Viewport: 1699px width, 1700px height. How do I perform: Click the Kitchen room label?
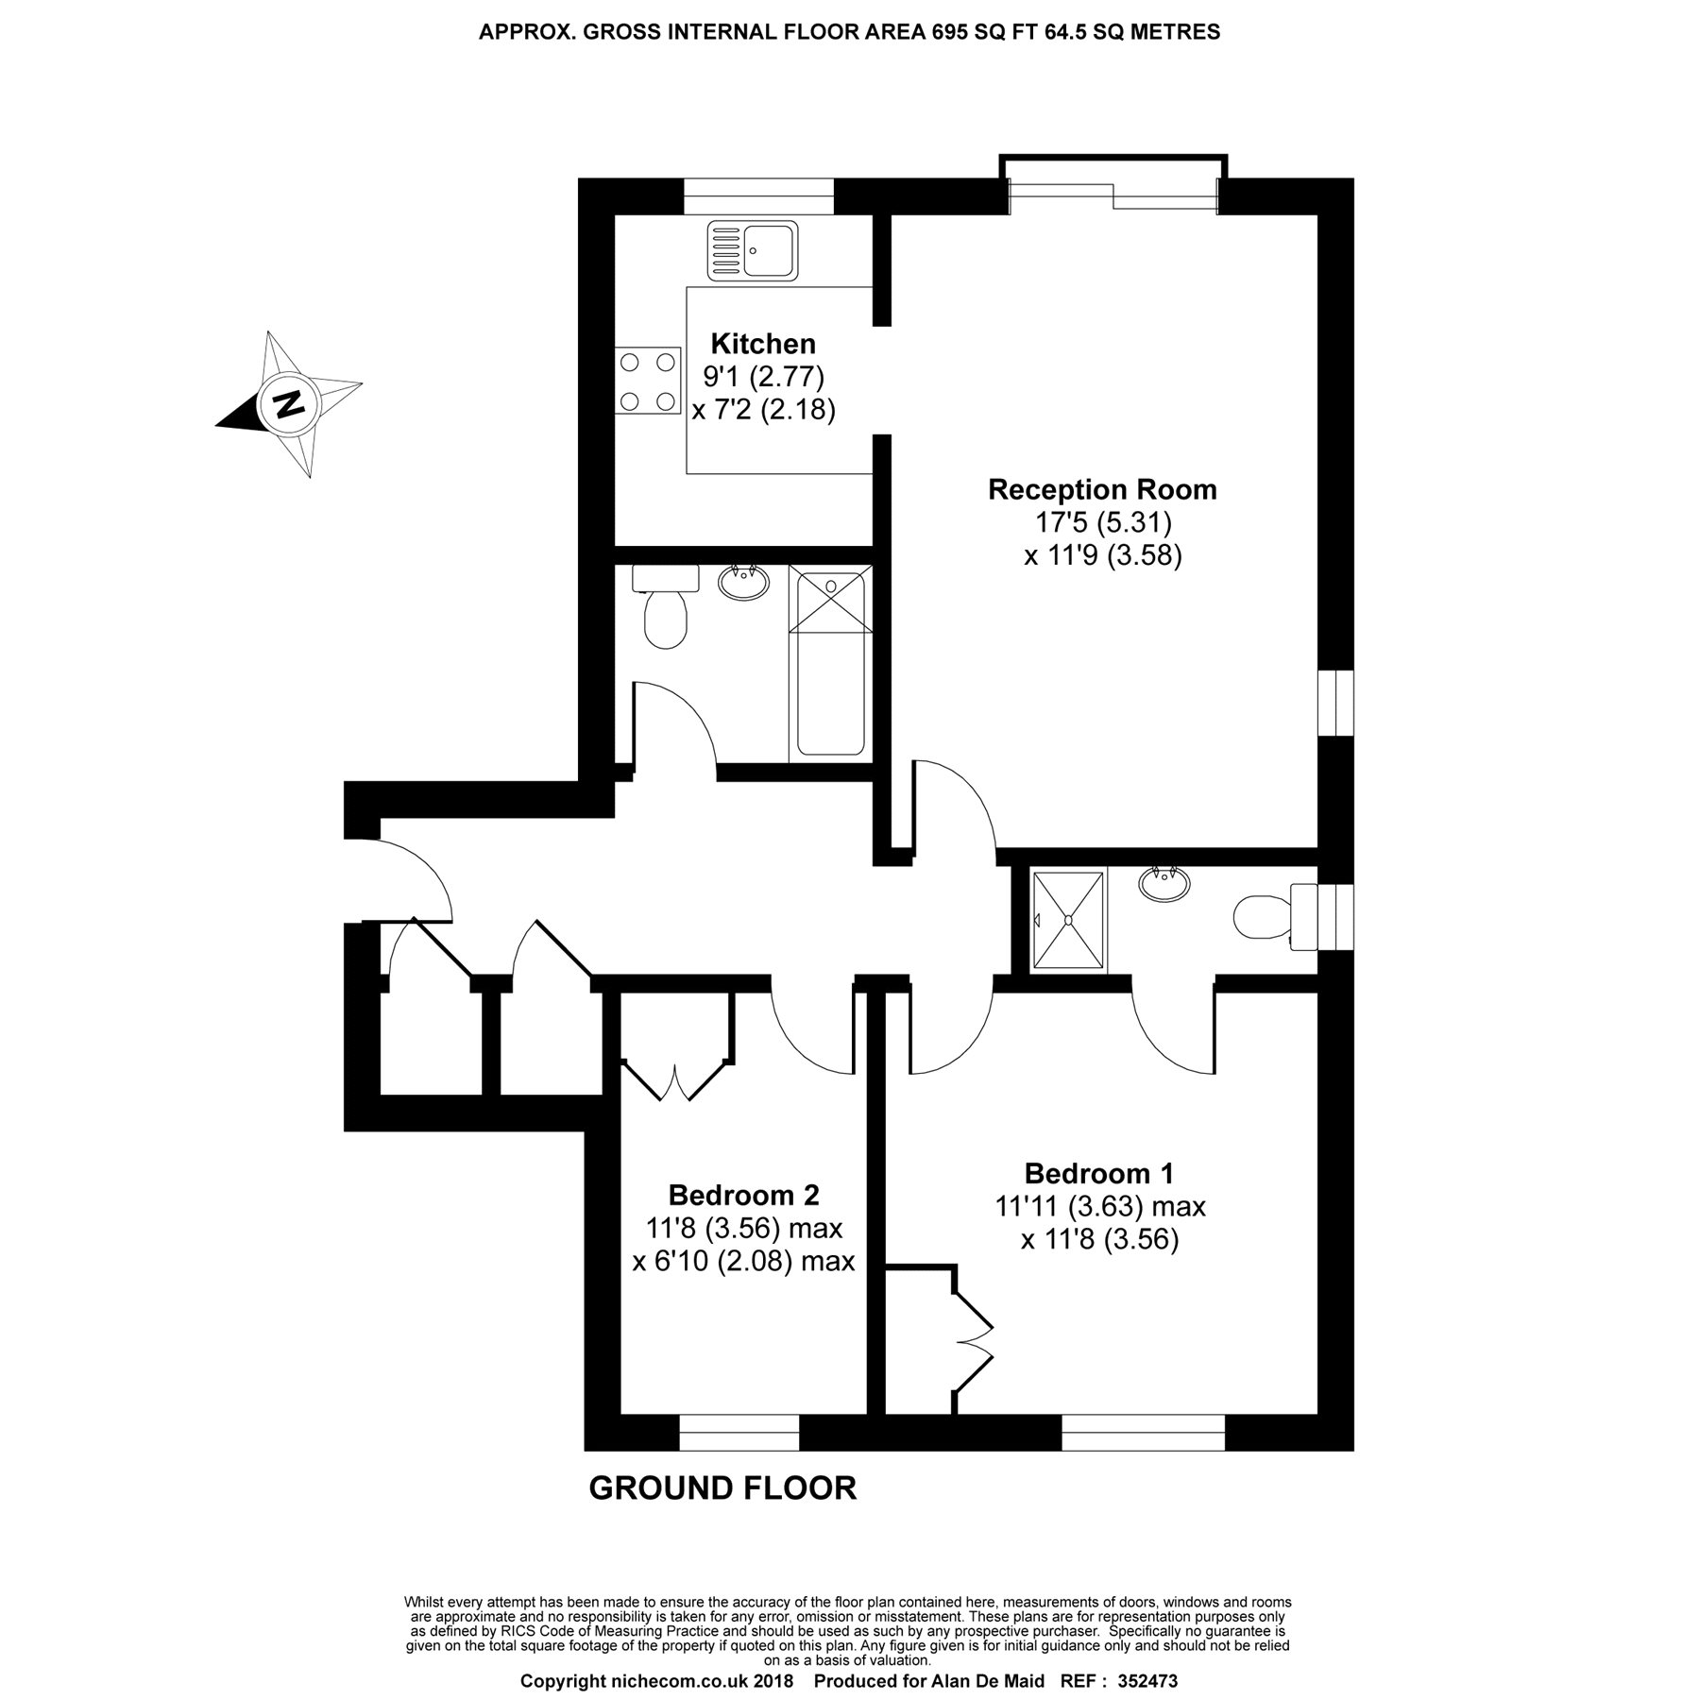click(x=763, y=343)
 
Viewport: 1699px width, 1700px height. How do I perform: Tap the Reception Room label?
click(x=1102, y=490)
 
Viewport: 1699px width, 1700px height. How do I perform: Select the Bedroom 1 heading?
click(x=1099, y=1174)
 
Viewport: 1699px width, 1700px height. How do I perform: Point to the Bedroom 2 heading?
click(x=743, y=1196)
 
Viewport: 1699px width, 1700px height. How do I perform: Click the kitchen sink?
click(x=753, y=249)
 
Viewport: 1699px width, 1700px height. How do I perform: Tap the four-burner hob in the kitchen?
click(x=648, y=382)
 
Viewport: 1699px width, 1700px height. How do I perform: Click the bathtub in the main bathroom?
click(x=830, y=661)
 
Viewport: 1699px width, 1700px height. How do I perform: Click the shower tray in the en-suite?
click(x=1068, y=921)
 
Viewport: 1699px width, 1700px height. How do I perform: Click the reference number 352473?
click(x=1147, y=1682)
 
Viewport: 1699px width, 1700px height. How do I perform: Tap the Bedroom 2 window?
click(x=739, y=1432)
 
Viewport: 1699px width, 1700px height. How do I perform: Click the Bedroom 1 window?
click(x=1144, y=1432)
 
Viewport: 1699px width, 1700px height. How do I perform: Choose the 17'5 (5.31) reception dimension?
click(x=1103, y=522)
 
